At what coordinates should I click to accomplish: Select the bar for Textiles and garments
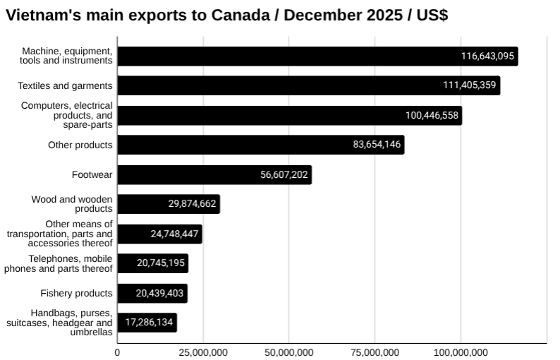pos(308,86)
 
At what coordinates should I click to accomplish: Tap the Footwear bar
pos(214,175)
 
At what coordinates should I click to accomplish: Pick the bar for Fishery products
pos(152,293)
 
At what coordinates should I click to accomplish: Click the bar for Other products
pos(260,145)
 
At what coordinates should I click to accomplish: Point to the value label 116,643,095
pos(488,56)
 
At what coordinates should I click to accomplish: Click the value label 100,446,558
pos(432,116)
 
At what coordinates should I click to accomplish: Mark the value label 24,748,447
pos(175,234)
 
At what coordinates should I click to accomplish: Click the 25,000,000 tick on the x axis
pos(203,352)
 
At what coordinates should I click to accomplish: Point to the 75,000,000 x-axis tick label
pos(375,352)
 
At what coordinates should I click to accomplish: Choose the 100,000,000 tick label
pos(461,352)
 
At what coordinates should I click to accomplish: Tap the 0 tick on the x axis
pos(117,352)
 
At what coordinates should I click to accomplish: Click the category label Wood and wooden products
pos(72,204)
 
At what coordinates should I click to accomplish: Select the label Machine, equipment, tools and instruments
pos(67,56)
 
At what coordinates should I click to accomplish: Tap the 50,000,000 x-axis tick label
pos(288,352)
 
